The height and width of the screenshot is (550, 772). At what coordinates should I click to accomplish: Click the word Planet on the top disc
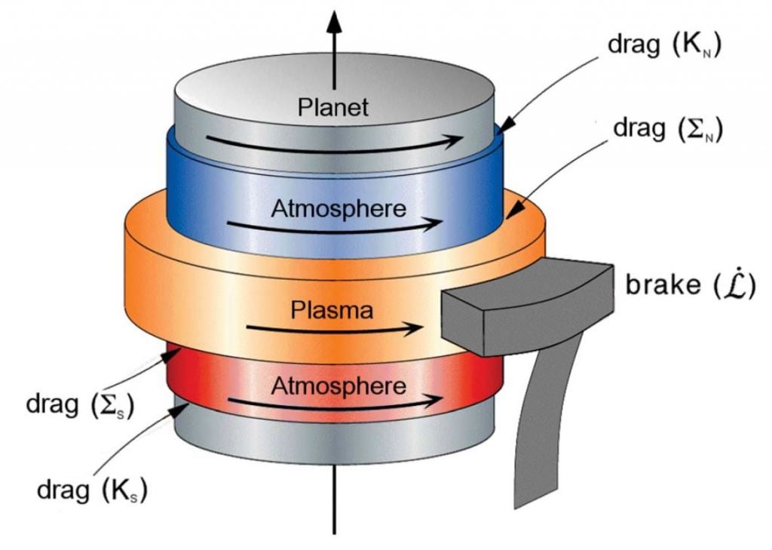click(332, 106)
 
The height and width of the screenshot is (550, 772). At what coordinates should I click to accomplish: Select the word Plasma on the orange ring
click(333, 309)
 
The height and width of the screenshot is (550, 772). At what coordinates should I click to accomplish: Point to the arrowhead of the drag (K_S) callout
click(181, 407)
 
